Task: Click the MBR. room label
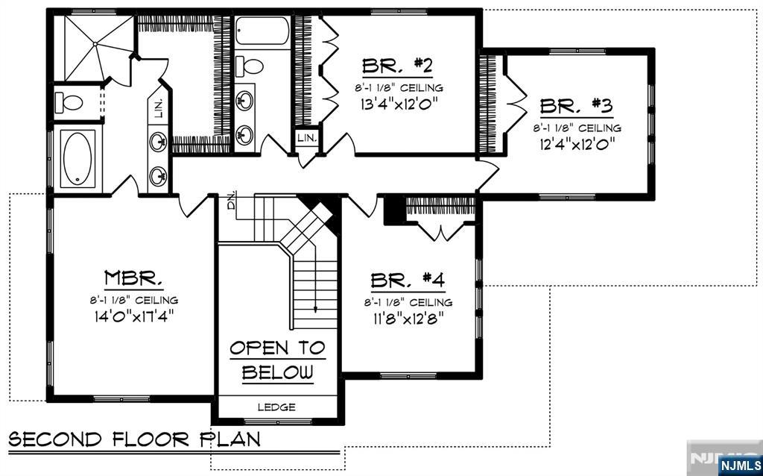pos(134,278)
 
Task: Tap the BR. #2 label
pos(398,66)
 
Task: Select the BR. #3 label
pos(576,106)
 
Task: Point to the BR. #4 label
pos(408,281)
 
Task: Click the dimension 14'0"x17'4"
pos(134,316)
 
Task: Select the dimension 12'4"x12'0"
pos(577,144)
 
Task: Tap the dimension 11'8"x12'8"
pos(408,319)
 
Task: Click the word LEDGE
pos(276,407)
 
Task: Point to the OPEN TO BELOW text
pos(277,360)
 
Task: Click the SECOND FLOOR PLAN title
pos(134,439)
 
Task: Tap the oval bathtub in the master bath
pos(77,159)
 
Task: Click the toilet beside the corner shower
pos(69,102)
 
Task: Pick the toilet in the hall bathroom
pos(249,66)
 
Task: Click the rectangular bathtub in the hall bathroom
pos(262,31)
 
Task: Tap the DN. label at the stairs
pos(232,199)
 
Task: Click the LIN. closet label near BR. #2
pos(306,138)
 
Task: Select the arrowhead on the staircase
pos(316,308)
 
